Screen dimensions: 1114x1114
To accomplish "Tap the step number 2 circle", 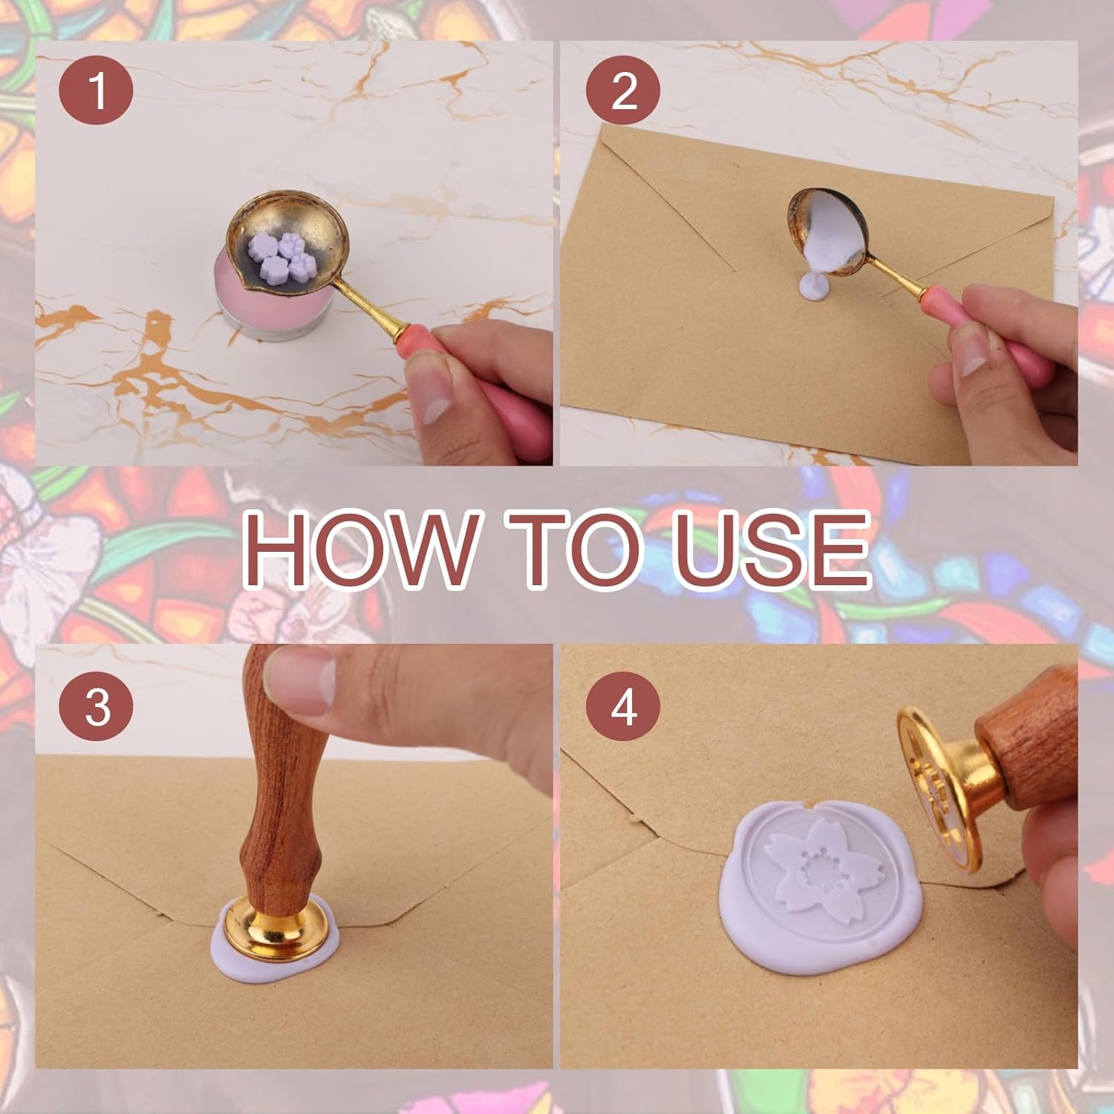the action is pyautogui.click(x=622, y=91).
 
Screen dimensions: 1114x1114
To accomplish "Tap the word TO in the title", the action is pyautogui.click(x=572, y=548).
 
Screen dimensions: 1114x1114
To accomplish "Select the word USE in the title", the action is pyautogui.click(x=772, y=548).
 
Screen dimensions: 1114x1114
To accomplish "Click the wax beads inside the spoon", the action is pyautogui.click(x=284, y=255).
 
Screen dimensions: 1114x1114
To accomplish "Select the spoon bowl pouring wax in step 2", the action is pyautogui.click(x=833, y=230).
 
